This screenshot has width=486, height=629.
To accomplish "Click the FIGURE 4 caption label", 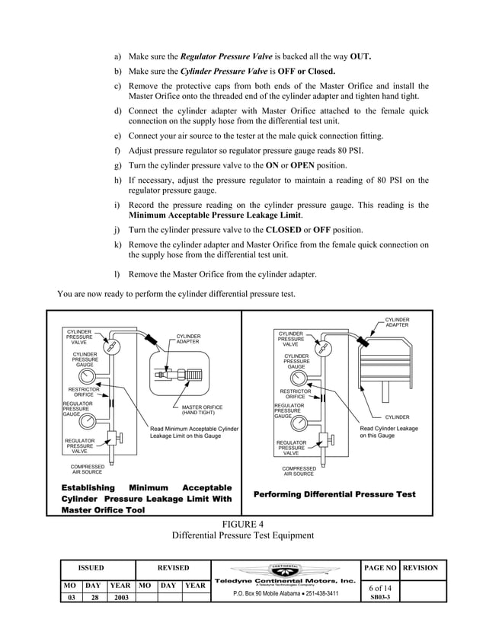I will click(x=243, y=523).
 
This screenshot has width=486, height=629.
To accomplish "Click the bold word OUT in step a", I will click(x=360, y=57).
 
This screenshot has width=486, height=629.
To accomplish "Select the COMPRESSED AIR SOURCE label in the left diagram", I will click(x=87, y=469).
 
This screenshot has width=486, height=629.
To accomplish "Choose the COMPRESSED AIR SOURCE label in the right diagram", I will click(x=298, y=471).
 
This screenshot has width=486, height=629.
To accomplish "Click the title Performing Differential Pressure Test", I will click(x=334, y=495).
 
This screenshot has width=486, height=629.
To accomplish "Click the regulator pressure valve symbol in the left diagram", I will click(x=114, y=439).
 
